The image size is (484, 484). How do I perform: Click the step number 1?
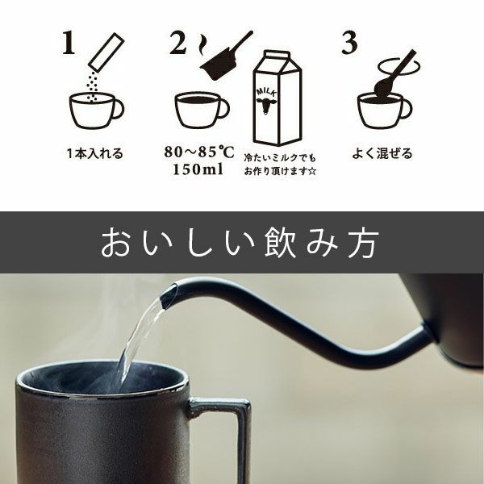pos(67,45)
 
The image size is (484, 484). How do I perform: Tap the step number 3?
pos(348,44)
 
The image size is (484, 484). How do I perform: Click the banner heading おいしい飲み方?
pos(241,243)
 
